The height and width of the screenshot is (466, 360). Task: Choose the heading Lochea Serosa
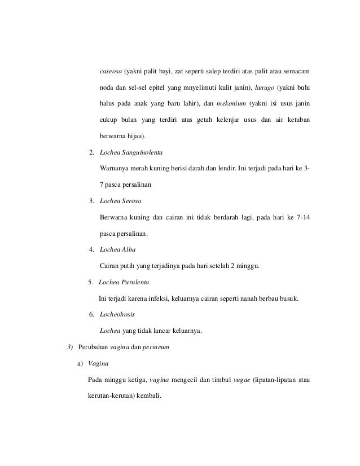pos(120,201)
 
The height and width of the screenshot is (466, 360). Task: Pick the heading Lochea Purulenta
pos(124,282)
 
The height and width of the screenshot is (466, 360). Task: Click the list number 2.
pos(91,153)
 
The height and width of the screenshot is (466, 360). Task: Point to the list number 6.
pos(91,314)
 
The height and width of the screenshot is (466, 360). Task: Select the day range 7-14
pos(300,217)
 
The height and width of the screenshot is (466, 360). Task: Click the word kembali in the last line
pos(148,395)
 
